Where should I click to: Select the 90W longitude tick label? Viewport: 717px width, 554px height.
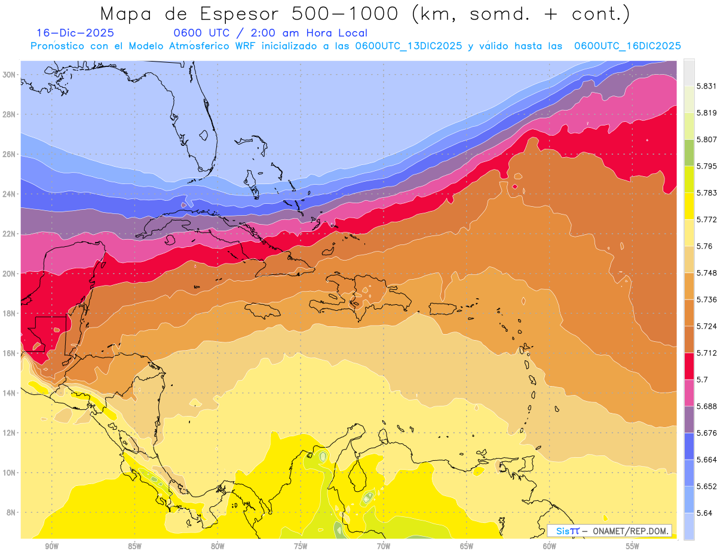(x=51, y=546)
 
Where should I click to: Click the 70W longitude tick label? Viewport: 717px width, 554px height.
(x=384, y=546)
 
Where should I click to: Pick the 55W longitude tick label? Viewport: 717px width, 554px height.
(x=632, y=546)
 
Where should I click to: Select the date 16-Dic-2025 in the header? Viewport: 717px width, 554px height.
(x=75, y=33)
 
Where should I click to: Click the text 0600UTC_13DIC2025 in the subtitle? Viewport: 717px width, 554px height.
(x=408, y=46)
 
